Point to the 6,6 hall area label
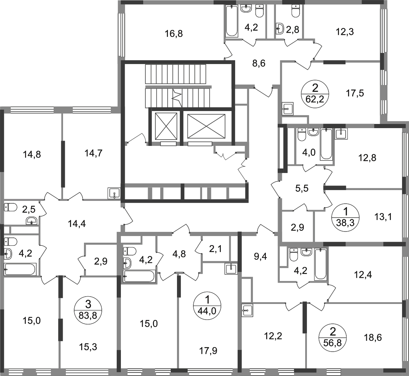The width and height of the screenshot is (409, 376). [x=302, y=189]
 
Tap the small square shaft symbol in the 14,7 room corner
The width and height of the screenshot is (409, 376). [x=112, y=192]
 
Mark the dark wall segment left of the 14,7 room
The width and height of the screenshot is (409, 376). [x=63, y=164]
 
